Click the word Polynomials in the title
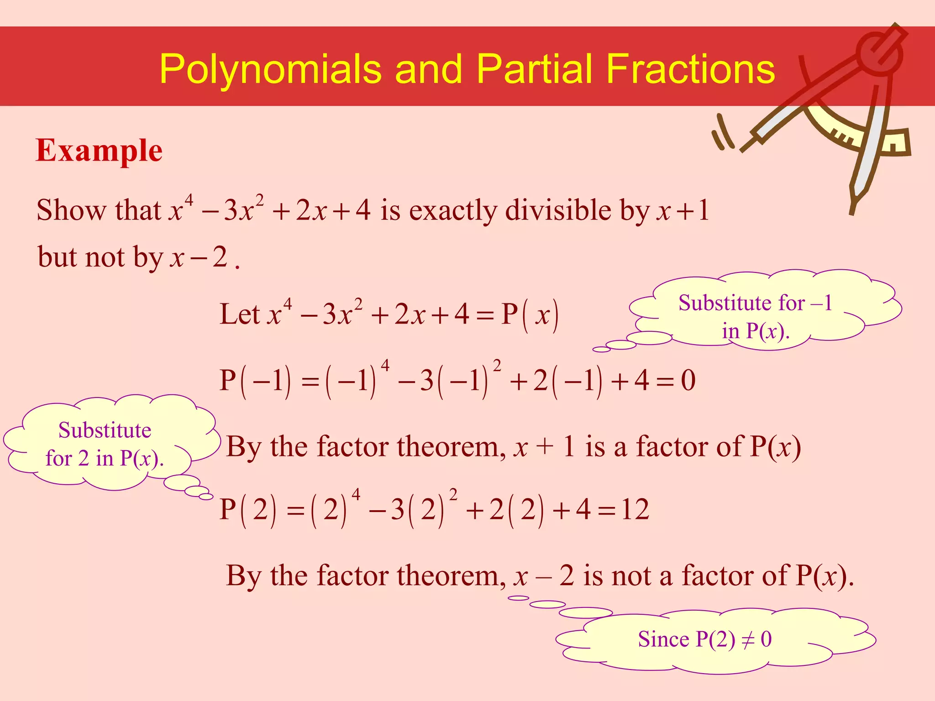[x=270, y=69]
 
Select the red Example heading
[x=99, y=151]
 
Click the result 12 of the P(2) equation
[x=635, y=510]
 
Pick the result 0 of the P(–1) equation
[x=688, y=381]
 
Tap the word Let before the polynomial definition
[x=239, y=314]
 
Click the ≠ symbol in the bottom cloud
[x=747, y=640]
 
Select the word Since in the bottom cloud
[x=663, y=639]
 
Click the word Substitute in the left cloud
[x=105, y=430]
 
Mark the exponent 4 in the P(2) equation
[x=356, y=494]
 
